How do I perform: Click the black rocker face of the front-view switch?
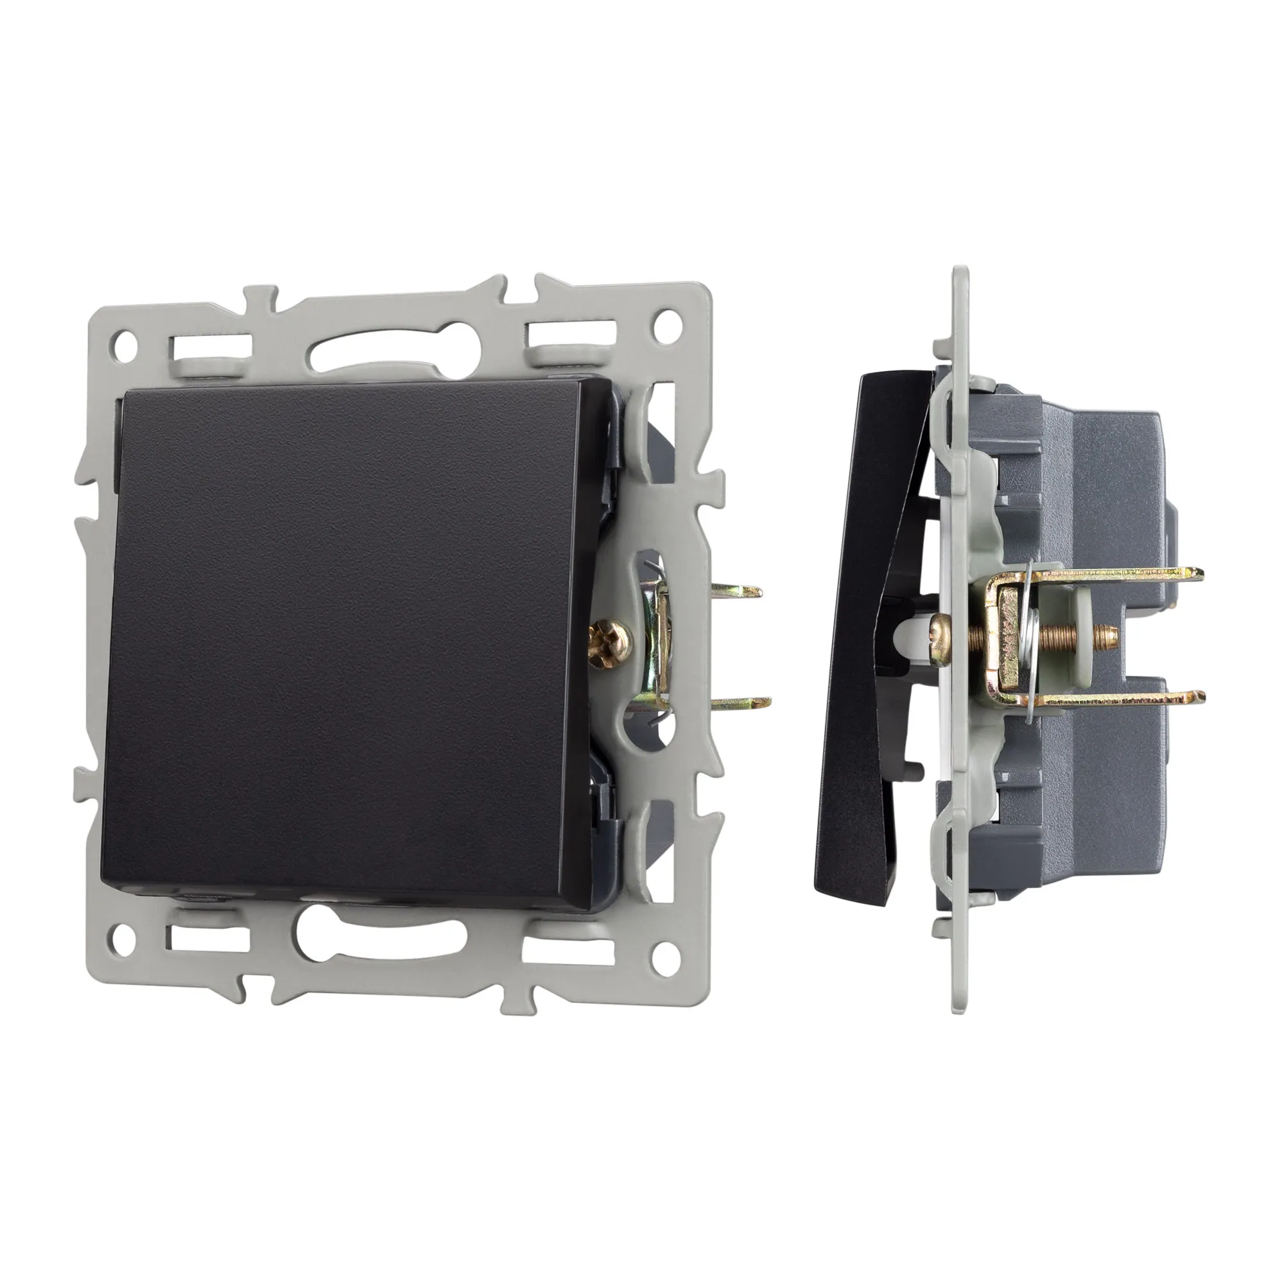345,638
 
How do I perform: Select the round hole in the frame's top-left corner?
125,343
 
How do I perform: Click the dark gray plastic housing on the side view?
1090,465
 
